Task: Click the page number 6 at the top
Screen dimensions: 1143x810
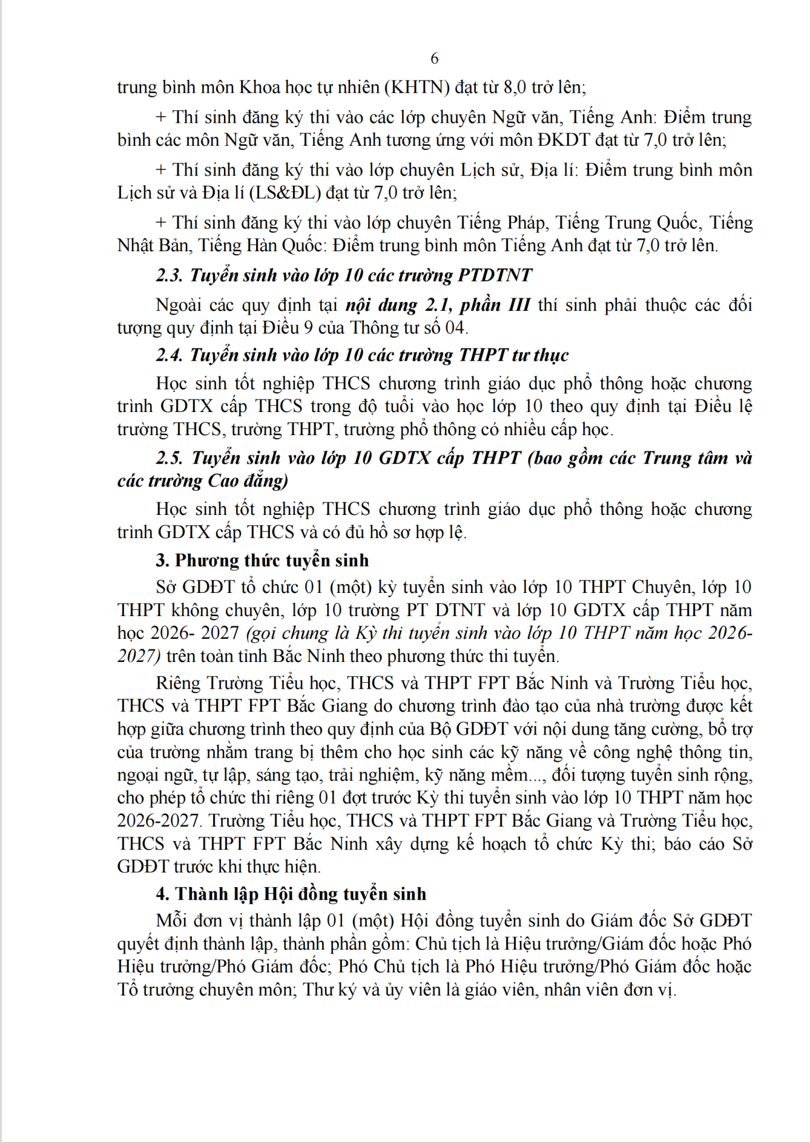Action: point(434,58)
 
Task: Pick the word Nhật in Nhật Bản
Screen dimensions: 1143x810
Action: point(136,245)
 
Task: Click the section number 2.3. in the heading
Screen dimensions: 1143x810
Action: point(170,275)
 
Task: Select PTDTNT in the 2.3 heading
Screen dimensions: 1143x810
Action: point(494,275)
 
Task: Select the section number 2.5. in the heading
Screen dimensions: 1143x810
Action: point(170,458)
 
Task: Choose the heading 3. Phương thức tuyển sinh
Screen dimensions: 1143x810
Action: point(263,560)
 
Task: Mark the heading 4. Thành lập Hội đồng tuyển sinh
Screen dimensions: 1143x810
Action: point(291,894)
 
